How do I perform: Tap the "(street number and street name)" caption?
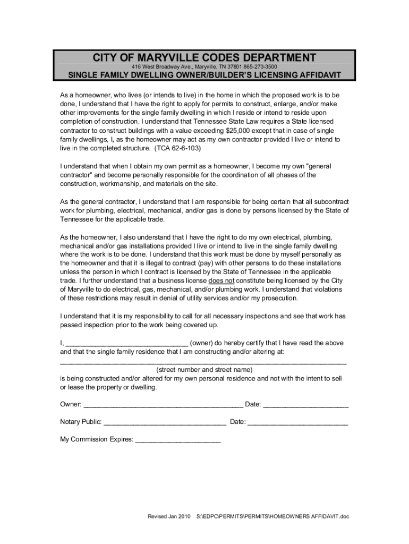click(204, 369)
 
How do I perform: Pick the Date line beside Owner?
click(306, 406)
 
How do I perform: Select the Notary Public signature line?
click(165, 423)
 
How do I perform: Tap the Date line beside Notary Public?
click(298, 423)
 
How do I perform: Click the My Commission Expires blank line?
click(178, 441)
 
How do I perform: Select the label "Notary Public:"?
click(80, 422)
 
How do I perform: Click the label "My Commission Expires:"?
click(96, 440)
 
